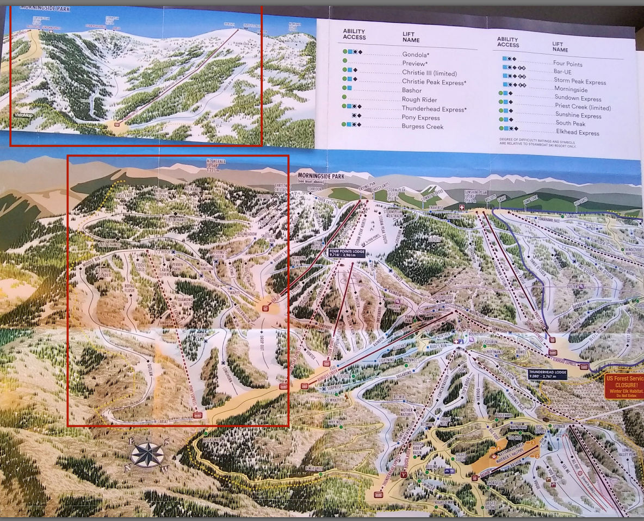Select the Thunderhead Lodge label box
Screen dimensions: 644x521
[x=547, y=374]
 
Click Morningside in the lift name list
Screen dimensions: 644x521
[x=570, y=90]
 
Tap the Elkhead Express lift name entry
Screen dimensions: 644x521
[x=577, y=133]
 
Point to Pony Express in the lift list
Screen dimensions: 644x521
[x=420, y=117]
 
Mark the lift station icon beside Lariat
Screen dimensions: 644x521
[x=197, y=415]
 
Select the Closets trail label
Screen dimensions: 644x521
[x=434, y=239]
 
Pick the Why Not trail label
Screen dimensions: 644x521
[x=335, y=421]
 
